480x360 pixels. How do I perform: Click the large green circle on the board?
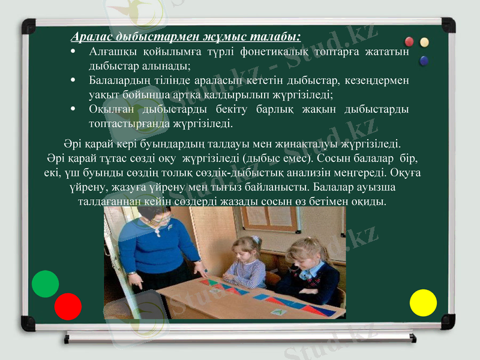click(45, 284)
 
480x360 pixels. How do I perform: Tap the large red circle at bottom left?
click(68, 306)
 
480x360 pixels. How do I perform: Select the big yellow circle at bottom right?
click(423, 302)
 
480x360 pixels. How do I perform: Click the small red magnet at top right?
click(410, 41)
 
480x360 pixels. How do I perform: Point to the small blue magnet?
click(424, 60)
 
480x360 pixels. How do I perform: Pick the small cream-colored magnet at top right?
click(425, 42)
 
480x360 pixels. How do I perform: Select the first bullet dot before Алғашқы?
click(73, 52)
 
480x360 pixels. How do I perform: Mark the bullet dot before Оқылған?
click(73, 109)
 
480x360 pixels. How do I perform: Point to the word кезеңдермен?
click(378, 80)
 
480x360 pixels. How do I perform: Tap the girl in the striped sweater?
click(245, 264)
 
